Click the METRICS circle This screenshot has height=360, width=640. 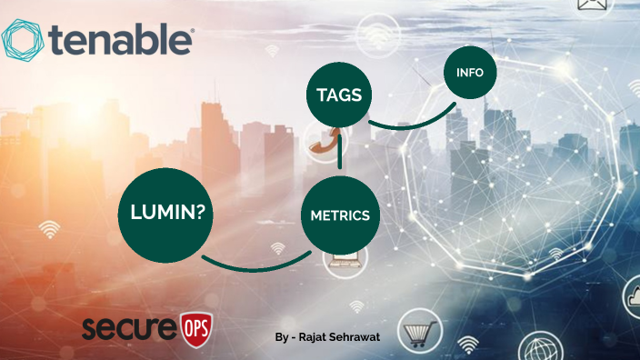click(339, 215)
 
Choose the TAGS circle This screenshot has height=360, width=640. click(339, 95)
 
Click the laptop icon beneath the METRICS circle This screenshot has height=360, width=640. click(347, 264)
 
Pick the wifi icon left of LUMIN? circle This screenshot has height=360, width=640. click(50, 228)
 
